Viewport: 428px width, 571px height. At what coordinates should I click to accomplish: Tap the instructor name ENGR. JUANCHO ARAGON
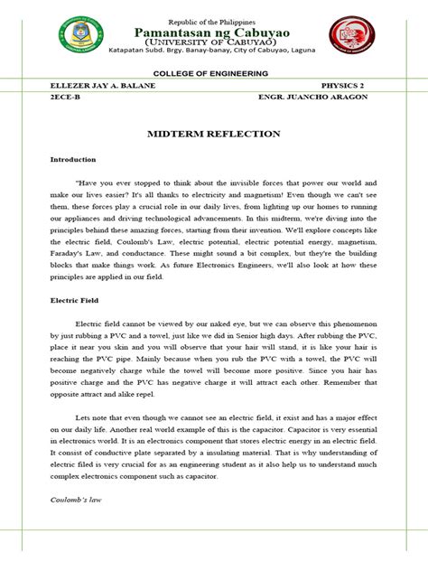tap(312, 97)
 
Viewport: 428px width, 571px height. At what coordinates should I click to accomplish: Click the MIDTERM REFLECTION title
tap(213, 133)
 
